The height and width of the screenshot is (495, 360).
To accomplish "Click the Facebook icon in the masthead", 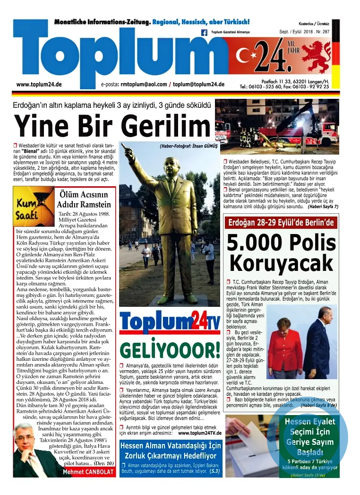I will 205,33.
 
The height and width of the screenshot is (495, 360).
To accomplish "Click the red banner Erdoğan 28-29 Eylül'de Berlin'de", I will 281,222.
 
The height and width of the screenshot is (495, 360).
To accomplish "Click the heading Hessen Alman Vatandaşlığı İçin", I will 170,446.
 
